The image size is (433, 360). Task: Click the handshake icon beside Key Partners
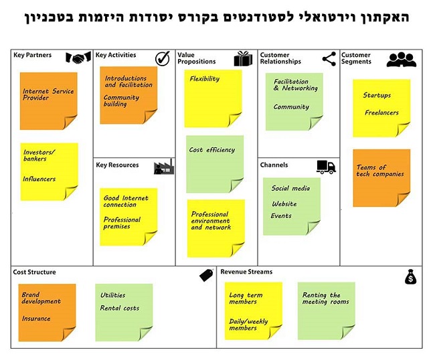[78, 58]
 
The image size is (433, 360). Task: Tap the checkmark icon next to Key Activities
[163, 58]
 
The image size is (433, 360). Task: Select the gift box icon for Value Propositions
[243, 58]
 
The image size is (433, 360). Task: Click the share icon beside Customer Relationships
[329, 59]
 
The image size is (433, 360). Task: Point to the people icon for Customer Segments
[402, 60]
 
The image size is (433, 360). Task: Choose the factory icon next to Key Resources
[164, 167]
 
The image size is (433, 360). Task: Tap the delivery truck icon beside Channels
[326, 167]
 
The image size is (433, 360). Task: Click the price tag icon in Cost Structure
[207, 275]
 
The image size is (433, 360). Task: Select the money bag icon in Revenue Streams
[411, 276]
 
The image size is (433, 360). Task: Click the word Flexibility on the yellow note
[205, 79]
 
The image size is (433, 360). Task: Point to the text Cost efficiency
[212, 150]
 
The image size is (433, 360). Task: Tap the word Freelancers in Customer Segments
[381, 112]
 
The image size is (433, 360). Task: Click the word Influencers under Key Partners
[39, 179]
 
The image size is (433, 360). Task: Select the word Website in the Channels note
[284, 203]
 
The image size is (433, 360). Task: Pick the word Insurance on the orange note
[36, 319]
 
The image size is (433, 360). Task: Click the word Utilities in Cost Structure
[112, 295]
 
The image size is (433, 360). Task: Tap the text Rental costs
[120, 308]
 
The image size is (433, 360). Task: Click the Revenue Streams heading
[246, 272]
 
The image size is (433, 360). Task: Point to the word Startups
[377, 95]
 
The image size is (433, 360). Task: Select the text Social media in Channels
[290, 188]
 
